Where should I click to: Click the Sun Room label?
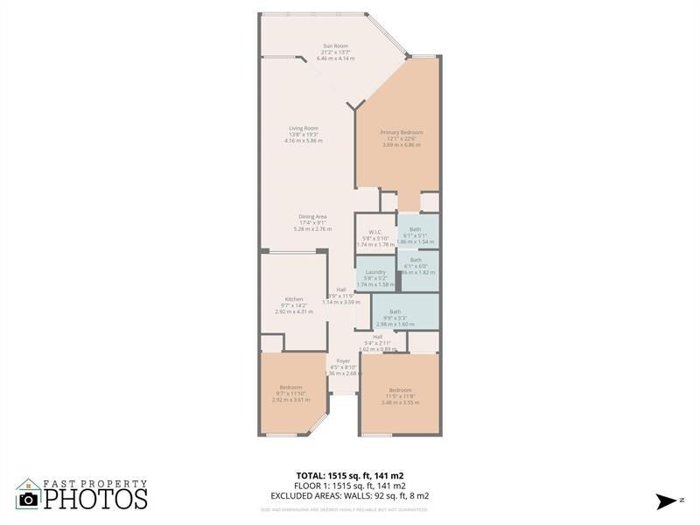click(x=336, y=46)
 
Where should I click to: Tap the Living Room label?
click(x=303, y=129)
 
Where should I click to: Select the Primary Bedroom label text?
click(x=402, y=133)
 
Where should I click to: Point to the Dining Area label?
click(x=312, y=216)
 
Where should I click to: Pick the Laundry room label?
click(x=376, y=272)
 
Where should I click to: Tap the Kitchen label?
click(x=294, y=299)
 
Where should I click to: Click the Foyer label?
click(x=343, y=360)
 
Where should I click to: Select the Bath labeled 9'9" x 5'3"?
click(x=395, y=311)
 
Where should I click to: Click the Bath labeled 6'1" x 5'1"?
click(x=415, y=229)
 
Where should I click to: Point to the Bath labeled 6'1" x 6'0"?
click(x=416, y=260)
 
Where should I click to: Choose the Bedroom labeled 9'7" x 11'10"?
click(x=290, y=387)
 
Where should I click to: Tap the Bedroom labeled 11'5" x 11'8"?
click(x=400, y=389)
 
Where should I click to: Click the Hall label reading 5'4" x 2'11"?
click(x=377, y=337)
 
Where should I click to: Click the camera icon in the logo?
click(x=28, y=498)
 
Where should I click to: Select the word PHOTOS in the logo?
click(x=96, y=499)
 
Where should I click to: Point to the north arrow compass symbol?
click(x=663, y=500)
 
